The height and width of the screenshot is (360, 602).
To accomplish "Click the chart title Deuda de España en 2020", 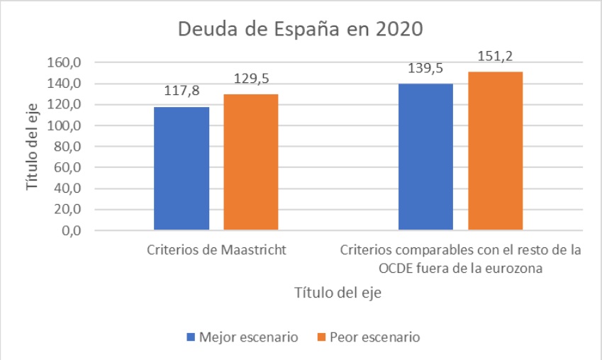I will tap(300, 30).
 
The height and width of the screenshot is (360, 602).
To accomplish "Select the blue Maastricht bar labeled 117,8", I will tap(182, 169).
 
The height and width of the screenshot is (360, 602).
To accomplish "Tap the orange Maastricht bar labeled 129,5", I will tap(251, 162).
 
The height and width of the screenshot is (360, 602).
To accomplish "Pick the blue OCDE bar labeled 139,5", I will tap(425, 157).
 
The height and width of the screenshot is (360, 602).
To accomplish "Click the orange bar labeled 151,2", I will tap(495, 151).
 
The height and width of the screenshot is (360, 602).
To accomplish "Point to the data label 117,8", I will tap(182, 93).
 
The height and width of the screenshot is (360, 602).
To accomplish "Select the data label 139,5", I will tap(425, 69).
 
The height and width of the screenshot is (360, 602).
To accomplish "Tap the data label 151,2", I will tap(495, 57).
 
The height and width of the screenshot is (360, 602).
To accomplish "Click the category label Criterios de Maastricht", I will tap(216, 250).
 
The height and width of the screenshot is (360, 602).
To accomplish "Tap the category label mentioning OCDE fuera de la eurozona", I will tap(460, 259).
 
